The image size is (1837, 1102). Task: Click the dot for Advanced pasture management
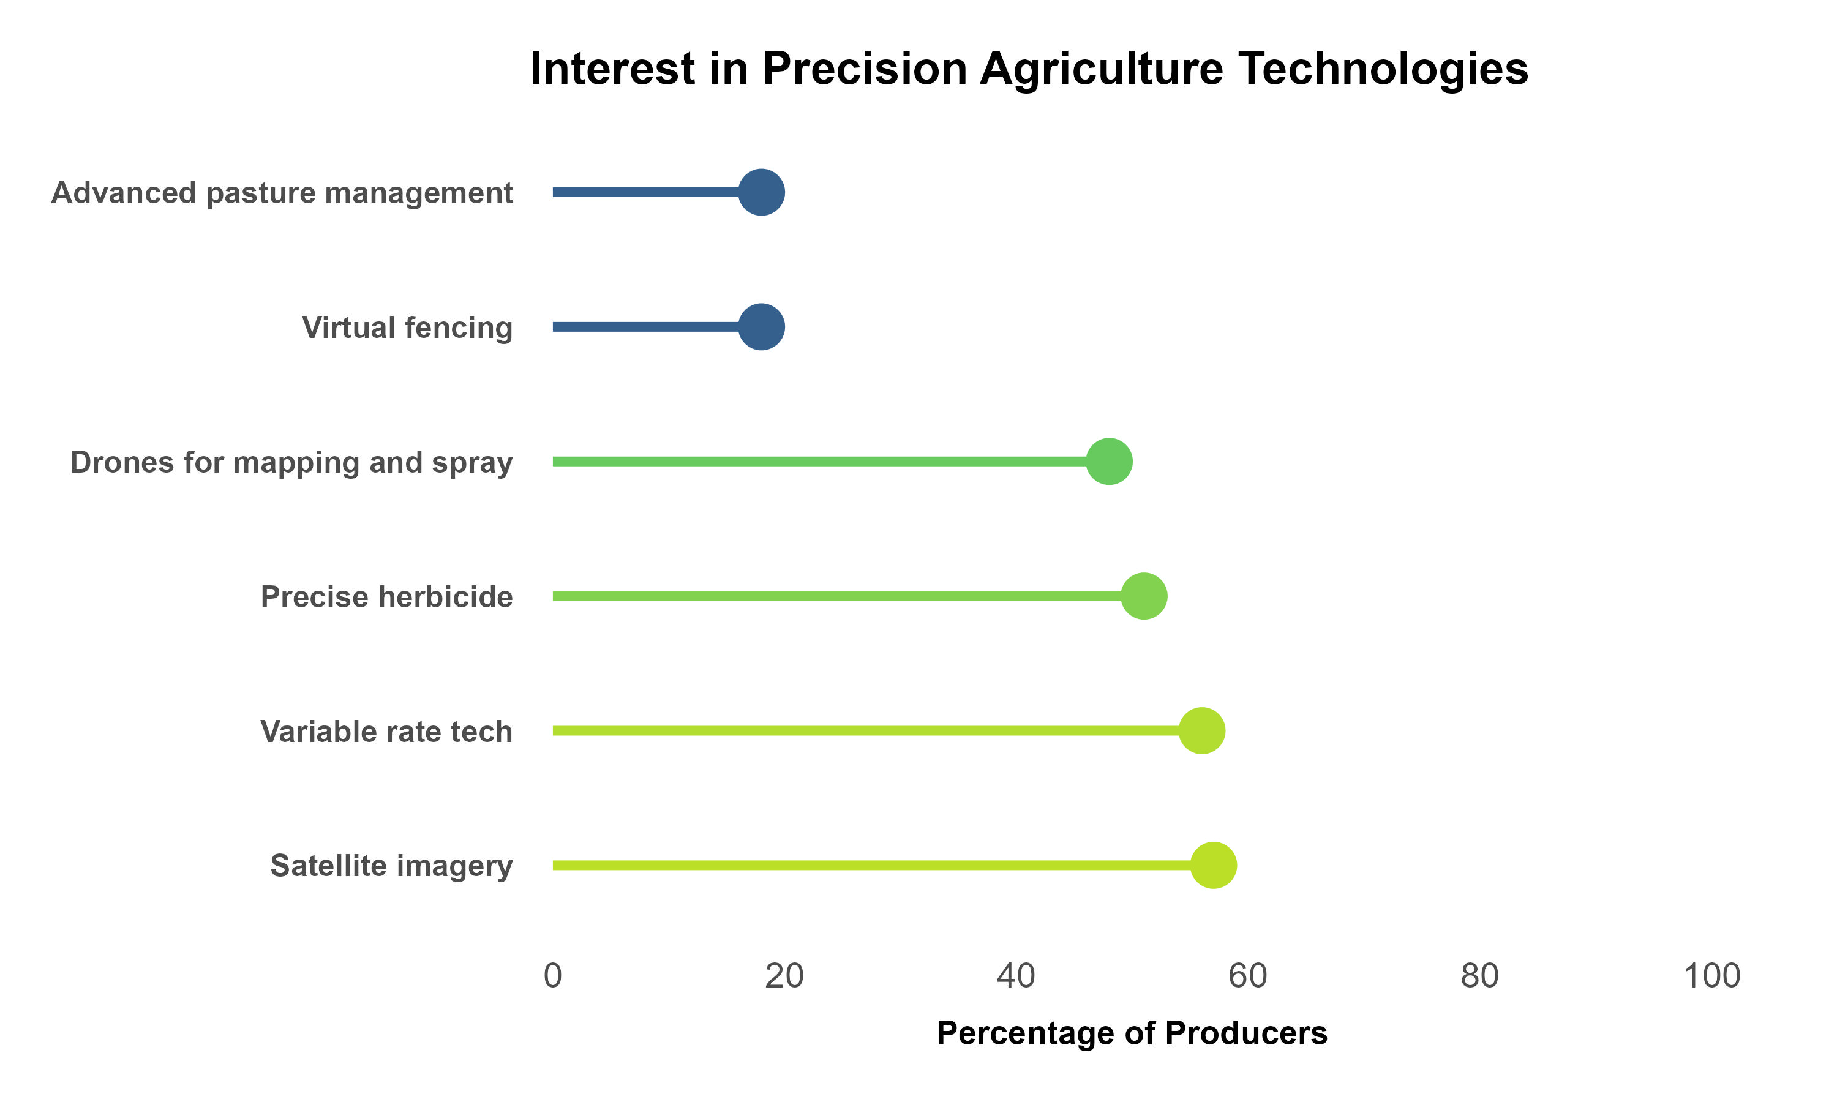(761, 192)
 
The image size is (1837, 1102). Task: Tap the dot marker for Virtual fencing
(761, 327)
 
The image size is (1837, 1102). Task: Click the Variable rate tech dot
(1201, 732)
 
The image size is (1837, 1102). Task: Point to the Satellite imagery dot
(1213, 866)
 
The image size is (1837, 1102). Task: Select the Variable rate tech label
(386, 732)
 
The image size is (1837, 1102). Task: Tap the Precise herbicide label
(386, 597)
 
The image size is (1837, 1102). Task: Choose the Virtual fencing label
(407, 328)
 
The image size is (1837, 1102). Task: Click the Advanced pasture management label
(282, 193)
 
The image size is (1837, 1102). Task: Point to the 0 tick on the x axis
(552, 976)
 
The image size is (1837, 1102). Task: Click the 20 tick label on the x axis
(784, 976)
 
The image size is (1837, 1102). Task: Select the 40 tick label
(1016, 976)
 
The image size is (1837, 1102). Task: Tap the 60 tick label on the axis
(1247, 976)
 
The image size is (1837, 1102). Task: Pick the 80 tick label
(1479, 976)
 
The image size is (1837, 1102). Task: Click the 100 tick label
(1711, 976)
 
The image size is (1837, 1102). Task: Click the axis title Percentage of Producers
(1132, 1033)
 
